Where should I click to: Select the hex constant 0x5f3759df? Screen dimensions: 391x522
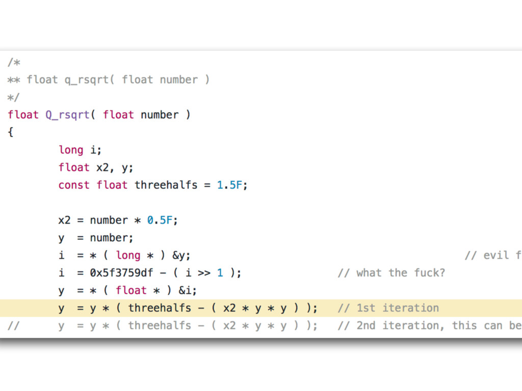point(121,273)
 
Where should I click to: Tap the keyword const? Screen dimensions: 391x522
point(74,185)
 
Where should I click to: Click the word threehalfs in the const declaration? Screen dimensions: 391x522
point(166,185)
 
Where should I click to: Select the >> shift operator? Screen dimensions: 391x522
point(203,273)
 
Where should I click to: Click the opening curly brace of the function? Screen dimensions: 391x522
point(11,132)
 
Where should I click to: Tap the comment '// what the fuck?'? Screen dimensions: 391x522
point(391,273)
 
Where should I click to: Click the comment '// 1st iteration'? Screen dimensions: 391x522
point(388,308)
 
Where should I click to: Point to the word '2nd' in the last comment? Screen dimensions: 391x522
point(366,325)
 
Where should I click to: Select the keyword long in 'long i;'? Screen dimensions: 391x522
point(71,150)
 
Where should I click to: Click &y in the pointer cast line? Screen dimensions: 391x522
point(185,255)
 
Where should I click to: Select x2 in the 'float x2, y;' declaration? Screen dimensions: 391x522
point(102,167)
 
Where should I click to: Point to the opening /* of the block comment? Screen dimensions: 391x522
point(14,62)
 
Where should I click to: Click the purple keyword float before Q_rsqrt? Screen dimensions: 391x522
point(23,115)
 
